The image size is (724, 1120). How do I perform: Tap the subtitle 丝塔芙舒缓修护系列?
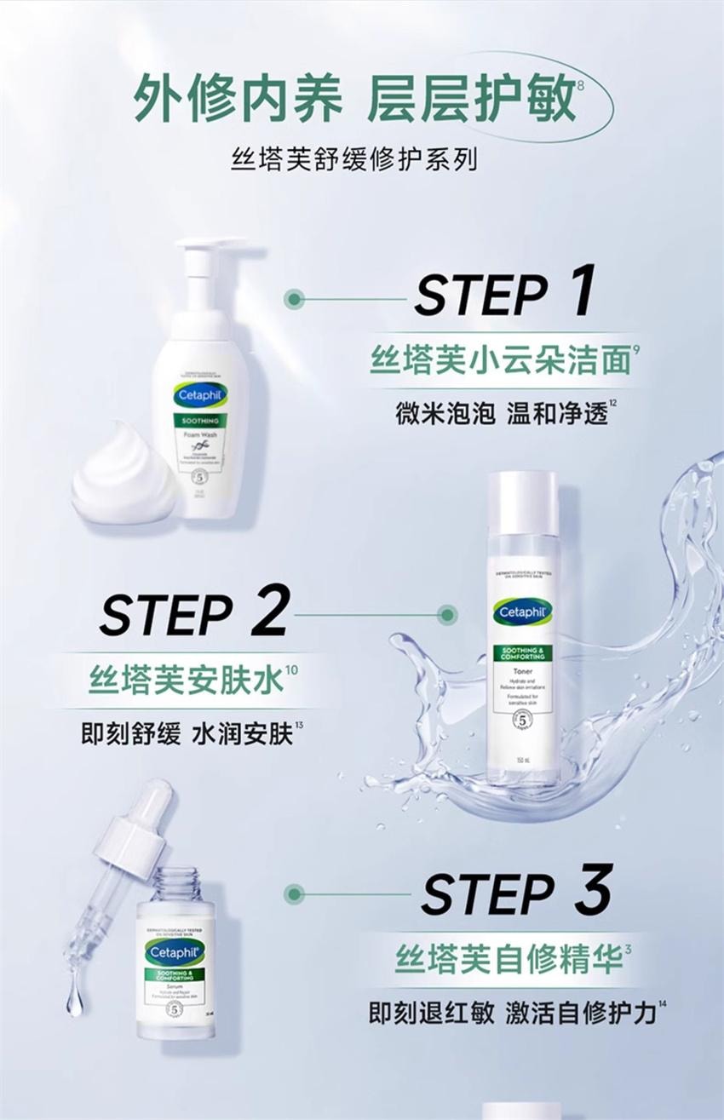pos(353,159)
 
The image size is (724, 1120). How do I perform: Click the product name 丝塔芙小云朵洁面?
pos(499,362)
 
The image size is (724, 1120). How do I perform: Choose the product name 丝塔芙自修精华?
pos(508,959)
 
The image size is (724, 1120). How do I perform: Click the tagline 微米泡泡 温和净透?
pos(502,413)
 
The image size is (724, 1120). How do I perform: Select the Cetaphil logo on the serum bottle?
pos(175,953)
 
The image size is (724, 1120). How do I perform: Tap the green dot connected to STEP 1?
pos(295,298)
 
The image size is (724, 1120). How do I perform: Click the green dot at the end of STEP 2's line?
pos(446,613)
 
